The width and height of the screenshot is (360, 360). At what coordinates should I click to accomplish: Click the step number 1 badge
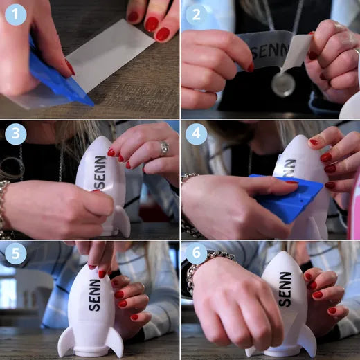[15, 15]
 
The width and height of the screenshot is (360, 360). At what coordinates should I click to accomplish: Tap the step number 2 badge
[196, 15]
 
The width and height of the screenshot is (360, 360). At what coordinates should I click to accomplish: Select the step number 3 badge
[15, 134]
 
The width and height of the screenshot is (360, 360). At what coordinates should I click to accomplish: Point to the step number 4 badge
[196, 134]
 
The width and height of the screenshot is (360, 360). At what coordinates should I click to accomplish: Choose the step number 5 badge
[15, 253]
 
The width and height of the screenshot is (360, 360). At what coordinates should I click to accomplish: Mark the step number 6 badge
[196, 253]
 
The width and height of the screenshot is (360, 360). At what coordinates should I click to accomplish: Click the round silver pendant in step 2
[283, 83]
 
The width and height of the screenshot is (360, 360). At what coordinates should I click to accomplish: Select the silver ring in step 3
[165, 148]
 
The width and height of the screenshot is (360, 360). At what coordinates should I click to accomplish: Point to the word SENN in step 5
[95, 295]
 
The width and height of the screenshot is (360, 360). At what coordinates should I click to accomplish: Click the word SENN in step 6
[285, 289]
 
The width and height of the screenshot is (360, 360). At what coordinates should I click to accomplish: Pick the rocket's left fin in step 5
[66, 341]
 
